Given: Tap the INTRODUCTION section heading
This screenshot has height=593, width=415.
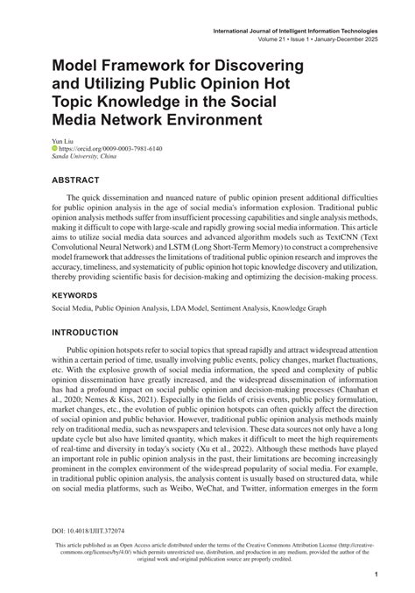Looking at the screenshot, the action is tap(90, 334).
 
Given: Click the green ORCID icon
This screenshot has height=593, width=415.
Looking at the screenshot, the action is tap(53, 149).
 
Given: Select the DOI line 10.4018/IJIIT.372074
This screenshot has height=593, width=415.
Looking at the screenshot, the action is tap(88, 530).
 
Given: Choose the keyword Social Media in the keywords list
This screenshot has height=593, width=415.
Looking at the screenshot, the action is tap(72, 309).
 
